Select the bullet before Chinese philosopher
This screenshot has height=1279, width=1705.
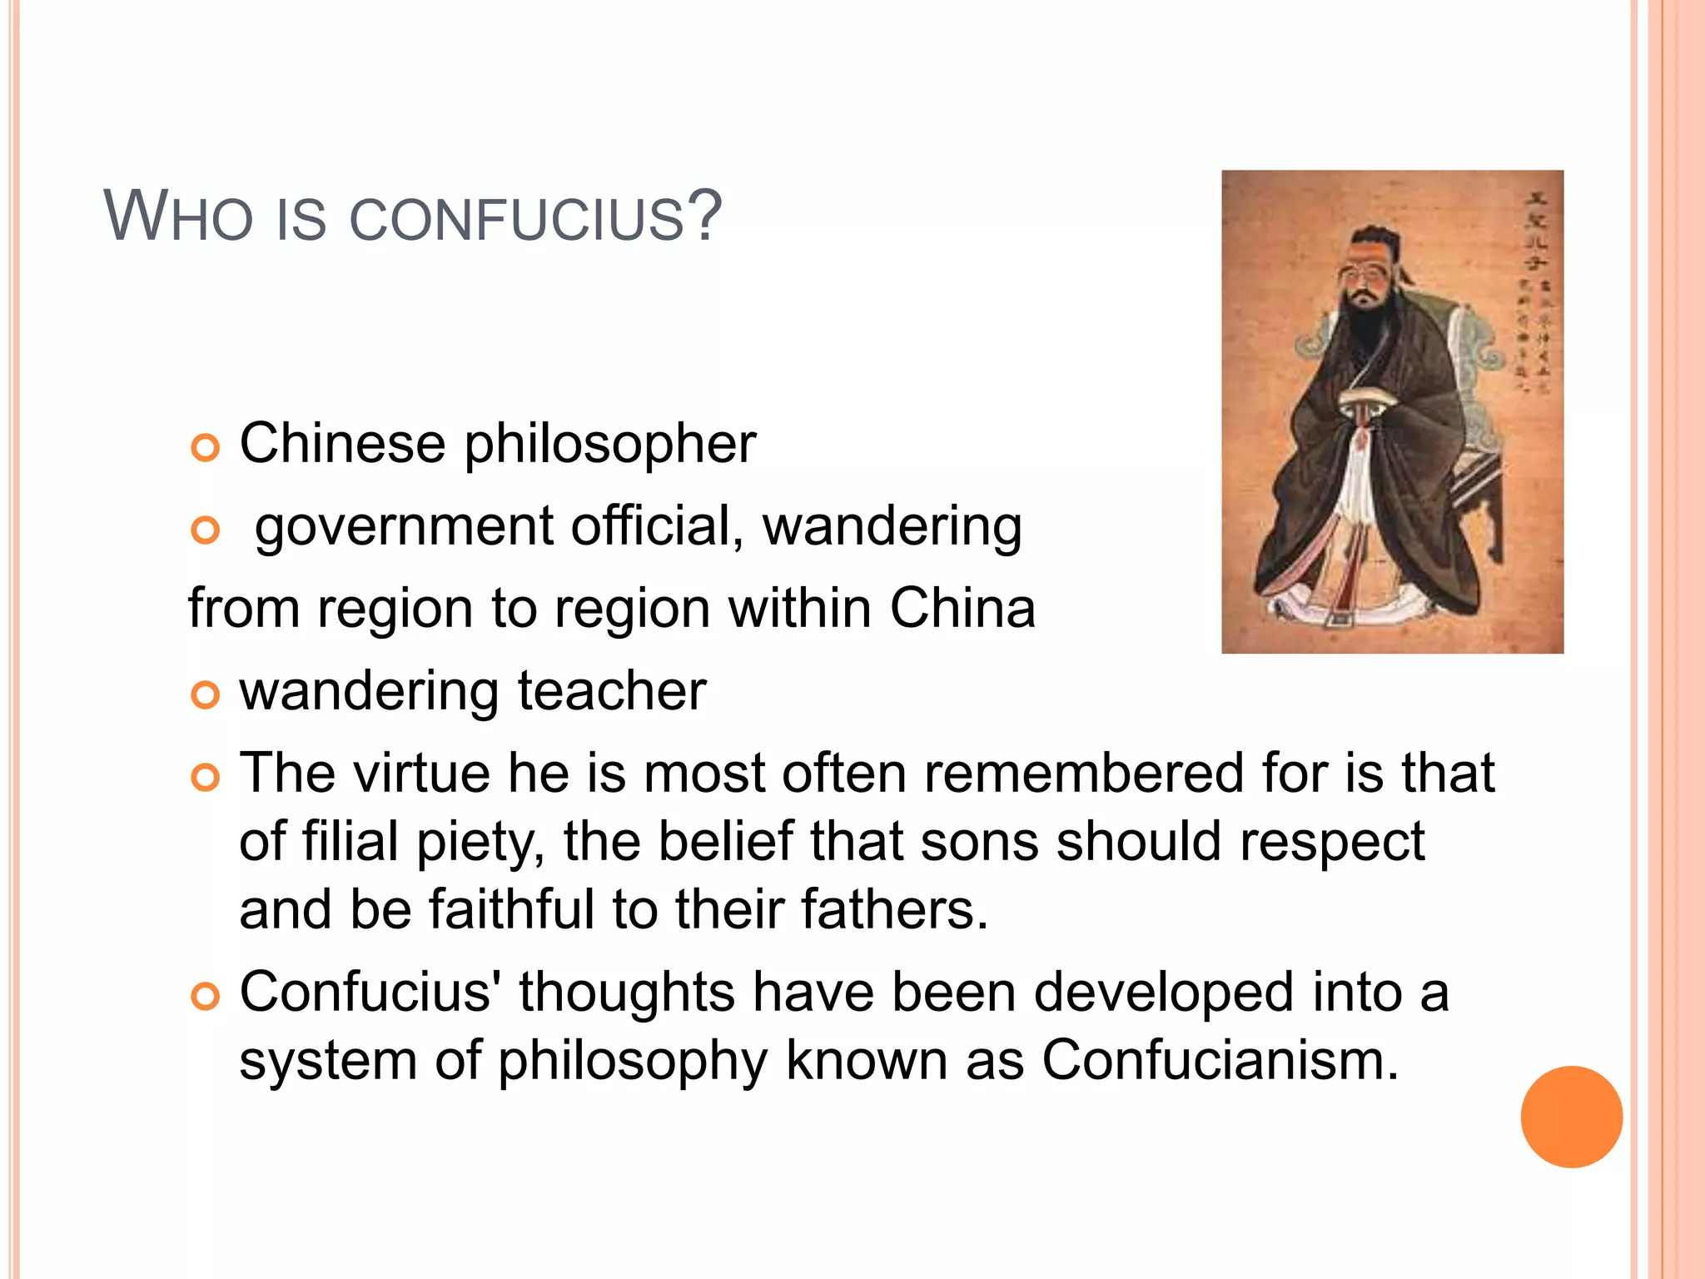coord(205,448)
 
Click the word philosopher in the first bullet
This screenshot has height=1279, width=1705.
coord(609,445)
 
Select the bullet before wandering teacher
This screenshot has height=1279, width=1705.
coord(205,694)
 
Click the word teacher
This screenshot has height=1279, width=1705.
coord(611,691)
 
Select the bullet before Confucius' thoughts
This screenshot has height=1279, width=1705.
coord(205,996)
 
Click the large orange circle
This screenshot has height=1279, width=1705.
coord(1571,1117)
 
